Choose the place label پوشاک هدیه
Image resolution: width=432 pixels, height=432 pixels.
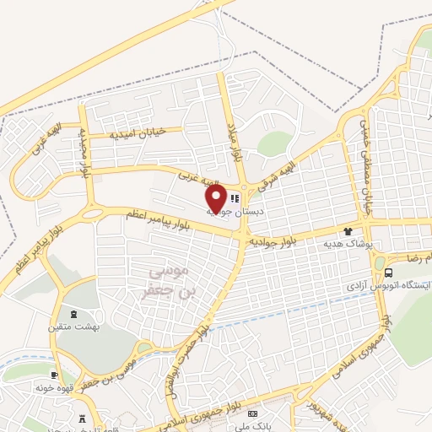tap(348, 242)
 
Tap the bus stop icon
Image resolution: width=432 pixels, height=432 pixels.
tap(388, 273)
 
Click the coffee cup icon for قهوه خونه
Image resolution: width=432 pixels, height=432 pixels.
tap(55, 375)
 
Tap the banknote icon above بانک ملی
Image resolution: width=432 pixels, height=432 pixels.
tap(252, 414)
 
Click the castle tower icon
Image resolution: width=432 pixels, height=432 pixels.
tap(83, 418)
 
